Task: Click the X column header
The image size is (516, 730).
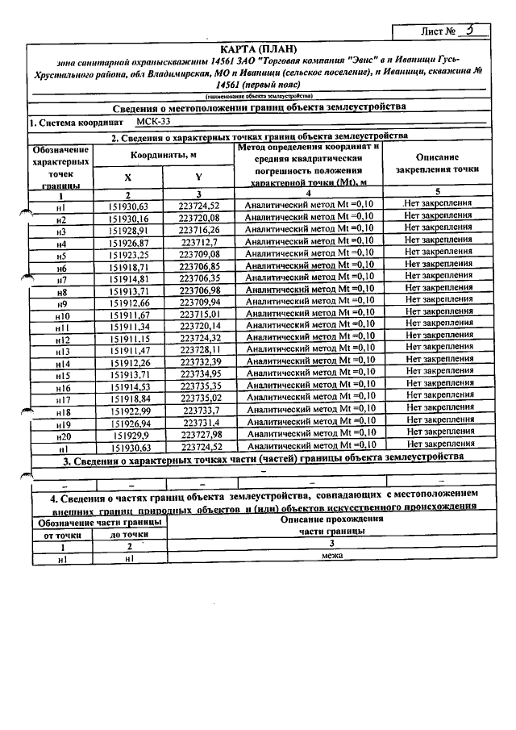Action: [127, 177]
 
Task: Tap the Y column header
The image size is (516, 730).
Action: [198, 177]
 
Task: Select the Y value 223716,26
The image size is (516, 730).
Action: [199, 230]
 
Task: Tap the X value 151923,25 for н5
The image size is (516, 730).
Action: [128, 254]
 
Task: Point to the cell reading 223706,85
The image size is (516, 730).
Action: [199, 266]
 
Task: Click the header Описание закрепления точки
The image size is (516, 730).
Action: [439, 163]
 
